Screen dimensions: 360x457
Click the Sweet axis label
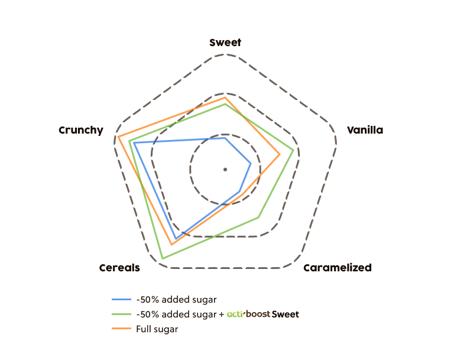(225, 43)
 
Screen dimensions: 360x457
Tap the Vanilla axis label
(365, 130)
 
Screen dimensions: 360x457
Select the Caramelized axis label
(337, 268)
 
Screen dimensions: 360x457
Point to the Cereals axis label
(120, 268)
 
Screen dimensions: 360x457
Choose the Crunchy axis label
(81, 130)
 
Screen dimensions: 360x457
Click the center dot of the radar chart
(225, 170)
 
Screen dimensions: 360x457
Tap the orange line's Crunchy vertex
(118, 137)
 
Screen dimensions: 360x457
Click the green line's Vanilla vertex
(294, 150)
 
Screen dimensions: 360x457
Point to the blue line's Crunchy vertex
(134, 142)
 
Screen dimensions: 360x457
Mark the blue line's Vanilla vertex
(251, 163)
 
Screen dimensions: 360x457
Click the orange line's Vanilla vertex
(280, 155)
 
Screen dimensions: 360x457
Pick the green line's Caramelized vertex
(258, 218)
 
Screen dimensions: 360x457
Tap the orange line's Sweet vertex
(225, 98)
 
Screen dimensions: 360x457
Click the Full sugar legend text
(157, 329)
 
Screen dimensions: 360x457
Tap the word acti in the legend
(235, 314)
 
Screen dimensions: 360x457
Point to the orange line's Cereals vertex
(172, 244)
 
